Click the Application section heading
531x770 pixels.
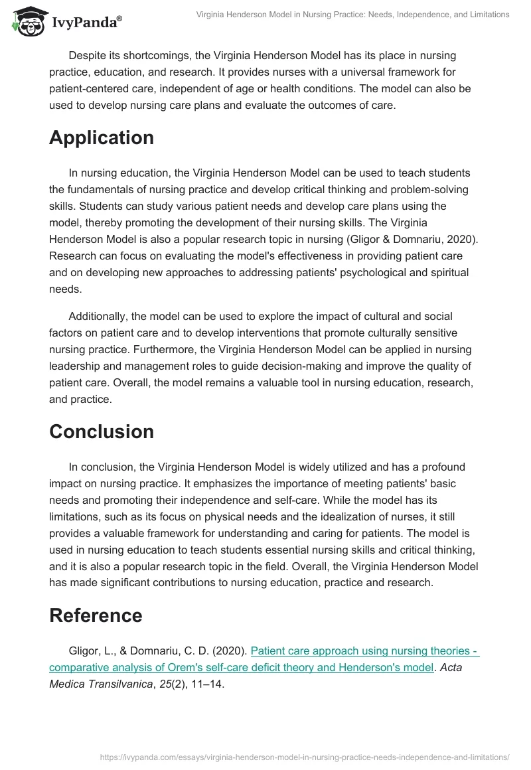point(102,137)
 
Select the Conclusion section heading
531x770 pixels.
point(102,431)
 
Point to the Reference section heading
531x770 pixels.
point(96,615)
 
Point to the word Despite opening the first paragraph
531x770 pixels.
point(88,56)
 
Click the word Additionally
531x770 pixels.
point(100,316)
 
